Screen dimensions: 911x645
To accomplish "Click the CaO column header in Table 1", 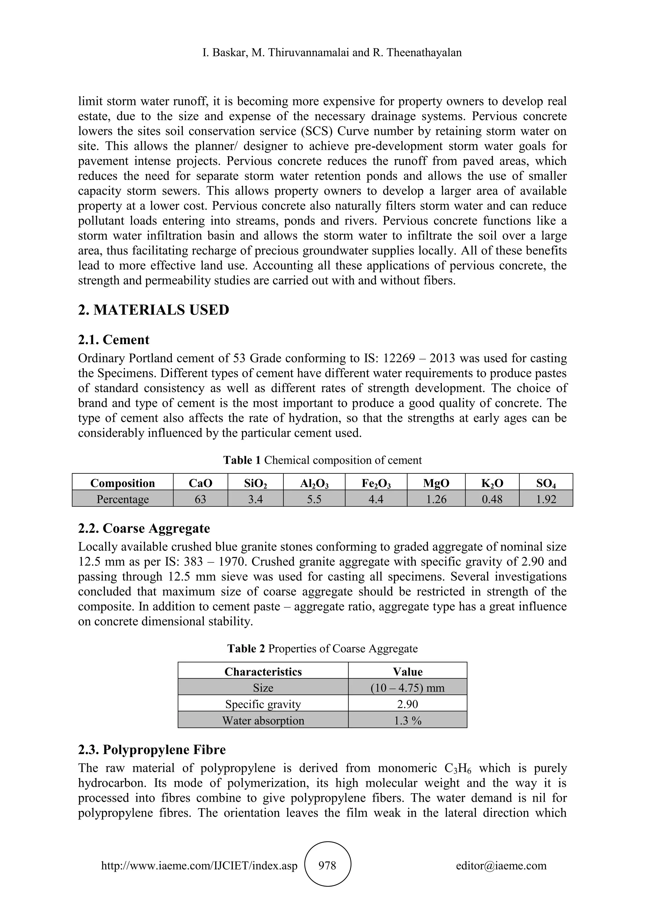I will pyautogui.click(x=200, y=483).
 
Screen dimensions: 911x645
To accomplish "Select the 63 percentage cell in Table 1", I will pyautogui.click(x=200, y=499).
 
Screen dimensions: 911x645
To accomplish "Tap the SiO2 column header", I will pyautogui.click(x=255, y=483).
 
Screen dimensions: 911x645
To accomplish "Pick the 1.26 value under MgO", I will pyautogui.click(x=436, y=499).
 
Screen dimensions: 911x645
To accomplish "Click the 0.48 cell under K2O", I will pyautogui.click(x=492, y=499).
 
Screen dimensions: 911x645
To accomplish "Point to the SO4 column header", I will pyautogui.click(x=546, y=483).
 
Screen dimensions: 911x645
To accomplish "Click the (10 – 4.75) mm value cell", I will pyautogui.click(x=408, y=688).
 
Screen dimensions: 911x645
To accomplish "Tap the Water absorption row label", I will pyautogui.click(x=263, y=721).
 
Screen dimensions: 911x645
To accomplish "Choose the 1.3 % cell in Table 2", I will pyautogui.click(x=408, y=721).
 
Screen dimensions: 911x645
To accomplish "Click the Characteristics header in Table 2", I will pyautogui.click(x=263, y=671).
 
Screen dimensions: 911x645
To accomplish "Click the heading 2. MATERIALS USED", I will pyautogui.click(x=153, y=310).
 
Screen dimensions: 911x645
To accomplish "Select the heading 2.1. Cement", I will pyautogui.click(x=114, y=340).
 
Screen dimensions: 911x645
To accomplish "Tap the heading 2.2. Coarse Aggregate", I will pyautogui.click(x=144, y=528).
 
